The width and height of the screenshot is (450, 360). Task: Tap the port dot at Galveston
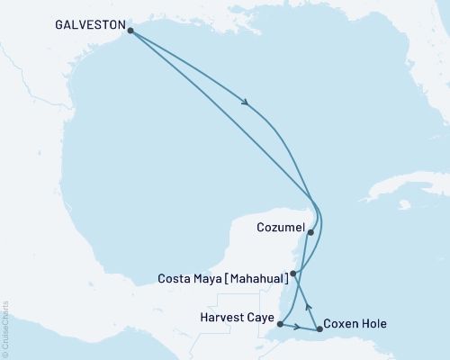tap(131, 31)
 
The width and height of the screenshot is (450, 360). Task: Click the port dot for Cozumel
tap(310, 232)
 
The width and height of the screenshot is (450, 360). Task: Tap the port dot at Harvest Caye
tap(281, 324)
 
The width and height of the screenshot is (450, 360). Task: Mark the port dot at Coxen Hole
tap(319, 329)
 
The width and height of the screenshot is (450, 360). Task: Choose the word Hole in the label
tap(375, 324)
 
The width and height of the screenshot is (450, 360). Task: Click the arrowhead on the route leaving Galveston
tap(246, 103)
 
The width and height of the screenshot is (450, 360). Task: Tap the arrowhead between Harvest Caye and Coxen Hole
tap(298, 327)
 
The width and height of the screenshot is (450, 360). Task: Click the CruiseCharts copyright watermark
tap(6, 327)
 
